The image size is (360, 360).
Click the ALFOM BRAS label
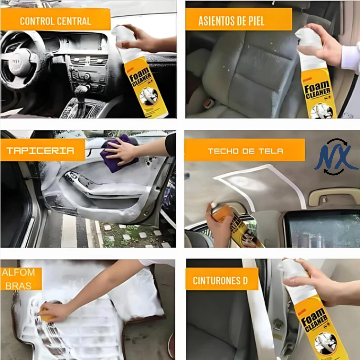(x=21, y=279)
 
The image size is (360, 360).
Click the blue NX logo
(x=337, y=157)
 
